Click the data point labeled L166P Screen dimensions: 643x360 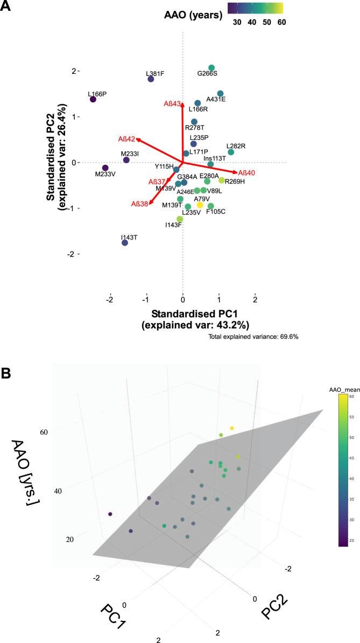(x=93, y=99)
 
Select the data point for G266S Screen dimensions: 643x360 (x=211, y=67)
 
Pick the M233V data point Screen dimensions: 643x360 (x=105, y=168)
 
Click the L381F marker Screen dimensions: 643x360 (x=151, y=79)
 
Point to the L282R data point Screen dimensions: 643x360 (x=231, y=152)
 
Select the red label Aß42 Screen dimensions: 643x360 (x=126, y=139)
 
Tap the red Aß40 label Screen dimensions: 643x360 (x=246, y=172)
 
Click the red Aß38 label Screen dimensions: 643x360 (x=139, y=204)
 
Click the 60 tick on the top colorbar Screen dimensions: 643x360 (x=281, y=23)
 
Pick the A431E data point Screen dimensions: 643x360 (x=220, y=94)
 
